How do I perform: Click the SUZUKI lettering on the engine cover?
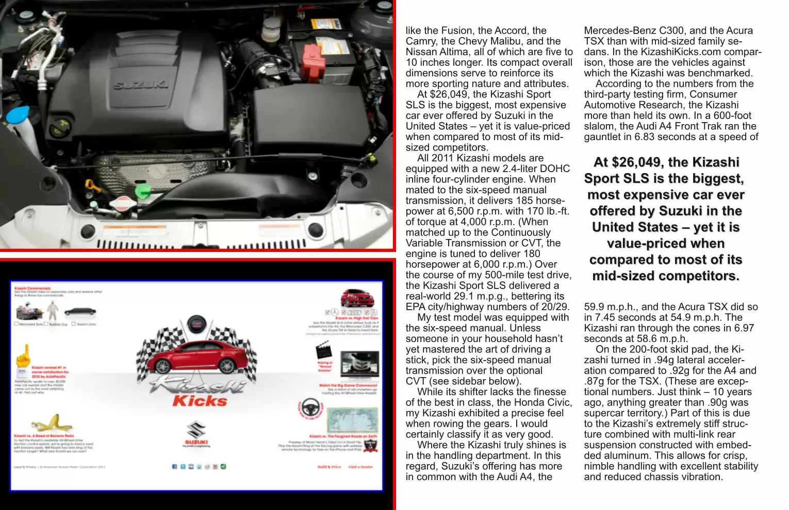(x=140, y=84)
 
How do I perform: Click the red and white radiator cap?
(x=123, y=202)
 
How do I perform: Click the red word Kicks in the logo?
(x=200, y=401)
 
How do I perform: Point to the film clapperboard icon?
(x=323, y=352)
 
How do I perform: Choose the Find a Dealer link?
(x=360, y=467)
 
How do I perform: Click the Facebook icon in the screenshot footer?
(x=174, y=467)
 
